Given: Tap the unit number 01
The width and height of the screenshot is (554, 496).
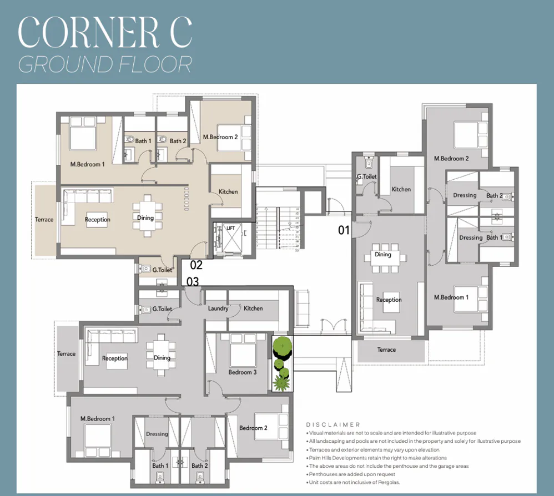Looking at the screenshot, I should (344, 230).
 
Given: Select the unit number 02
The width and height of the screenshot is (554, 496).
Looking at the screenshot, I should (197, 265).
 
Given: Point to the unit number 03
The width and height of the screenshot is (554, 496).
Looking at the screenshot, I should (192, 282).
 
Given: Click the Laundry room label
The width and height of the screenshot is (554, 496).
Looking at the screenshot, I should (218, 308).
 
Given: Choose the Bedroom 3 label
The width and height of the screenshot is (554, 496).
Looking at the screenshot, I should (243, 372).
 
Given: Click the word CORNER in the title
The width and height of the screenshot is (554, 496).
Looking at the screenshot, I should (89, 33).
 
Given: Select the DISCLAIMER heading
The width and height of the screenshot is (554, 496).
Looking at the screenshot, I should (333, 424).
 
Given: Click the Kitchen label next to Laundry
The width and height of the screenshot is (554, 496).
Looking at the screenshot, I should (253, 308).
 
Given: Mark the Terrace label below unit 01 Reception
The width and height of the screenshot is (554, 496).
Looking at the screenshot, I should (386, 350).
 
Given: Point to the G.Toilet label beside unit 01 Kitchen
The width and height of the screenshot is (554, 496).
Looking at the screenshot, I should (366, 177).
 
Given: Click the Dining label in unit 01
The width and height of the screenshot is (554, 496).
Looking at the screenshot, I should (383, 255).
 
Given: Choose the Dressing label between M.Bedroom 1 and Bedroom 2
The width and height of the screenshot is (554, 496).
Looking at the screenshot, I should (157, 434).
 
